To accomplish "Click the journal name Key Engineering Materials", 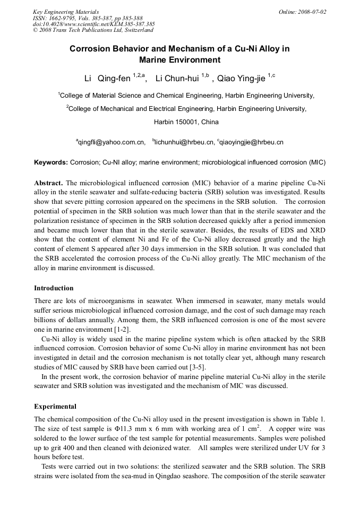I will pos(66,12).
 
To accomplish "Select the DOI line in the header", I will pos(93,24).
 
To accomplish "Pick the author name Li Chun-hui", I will pos(177,79).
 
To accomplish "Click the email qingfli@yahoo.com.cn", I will pos(112,142).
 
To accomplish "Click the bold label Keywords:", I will pos(51,162).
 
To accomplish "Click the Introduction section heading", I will pos(54,288).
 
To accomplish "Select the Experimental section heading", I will pos(55,407).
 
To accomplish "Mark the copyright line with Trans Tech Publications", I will pos(92,30).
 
